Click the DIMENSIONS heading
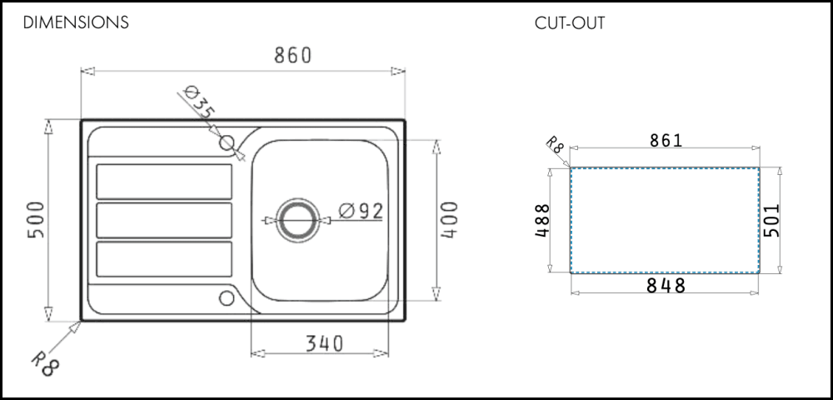(x=76, y=22)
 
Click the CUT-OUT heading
(x=570, y=23)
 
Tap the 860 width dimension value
(x=292, y=55)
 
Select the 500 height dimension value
(x=36, y=219)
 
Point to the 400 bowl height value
(x=450, y=219)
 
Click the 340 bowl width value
(x=325, y=344)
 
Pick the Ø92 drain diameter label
(x=361, y=211)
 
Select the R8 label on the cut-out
(x=555, y=144)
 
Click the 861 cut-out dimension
(x=666, y=140)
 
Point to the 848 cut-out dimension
(x=666, y=286)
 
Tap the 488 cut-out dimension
(x=542, y=221)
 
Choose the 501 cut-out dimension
(x=771, y=220)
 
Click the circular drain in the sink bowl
(x=298, y=220)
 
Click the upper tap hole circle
(x=227, y=142)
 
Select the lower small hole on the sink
(x=227, y=298)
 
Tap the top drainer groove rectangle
(x=164, y=182)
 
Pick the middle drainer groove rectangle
(x=164, y=221)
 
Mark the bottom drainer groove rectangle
(x=164, y=259)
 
